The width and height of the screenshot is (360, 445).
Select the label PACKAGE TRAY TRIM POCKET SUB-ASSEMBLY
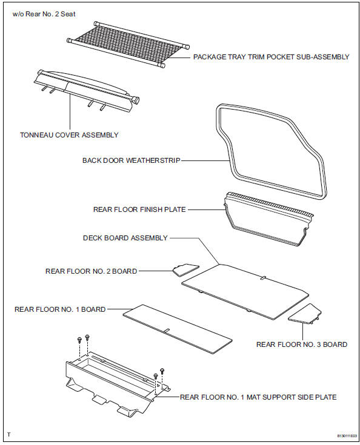pyautogui.click(x=271, y=57)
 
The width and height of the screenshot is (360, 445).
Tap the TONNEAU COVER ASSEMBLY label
pyautogui.click(x=69, y=135)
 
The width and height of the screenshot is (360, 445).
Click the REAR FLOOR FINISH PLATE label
pyautogui.click(x=139, y=209)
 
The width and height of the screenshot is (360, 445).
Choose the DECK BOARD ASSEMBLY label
pyautogui.click(x=125, y=238)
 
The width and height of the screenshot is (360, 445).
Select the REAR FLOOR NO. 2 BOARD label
pyautogui.click(x=91, y=271)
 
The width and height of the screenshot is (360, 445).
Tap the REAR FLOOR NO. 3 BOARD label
pyautogui.click(x=302, y=344)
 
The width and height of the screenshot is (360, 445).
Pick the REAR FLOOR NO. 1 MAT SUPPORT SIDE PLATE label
pyautogui.click(x=258, y=397)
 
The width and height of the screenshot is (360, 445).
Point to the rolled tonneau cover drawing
pyautogui.click(x=85, y=91)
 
